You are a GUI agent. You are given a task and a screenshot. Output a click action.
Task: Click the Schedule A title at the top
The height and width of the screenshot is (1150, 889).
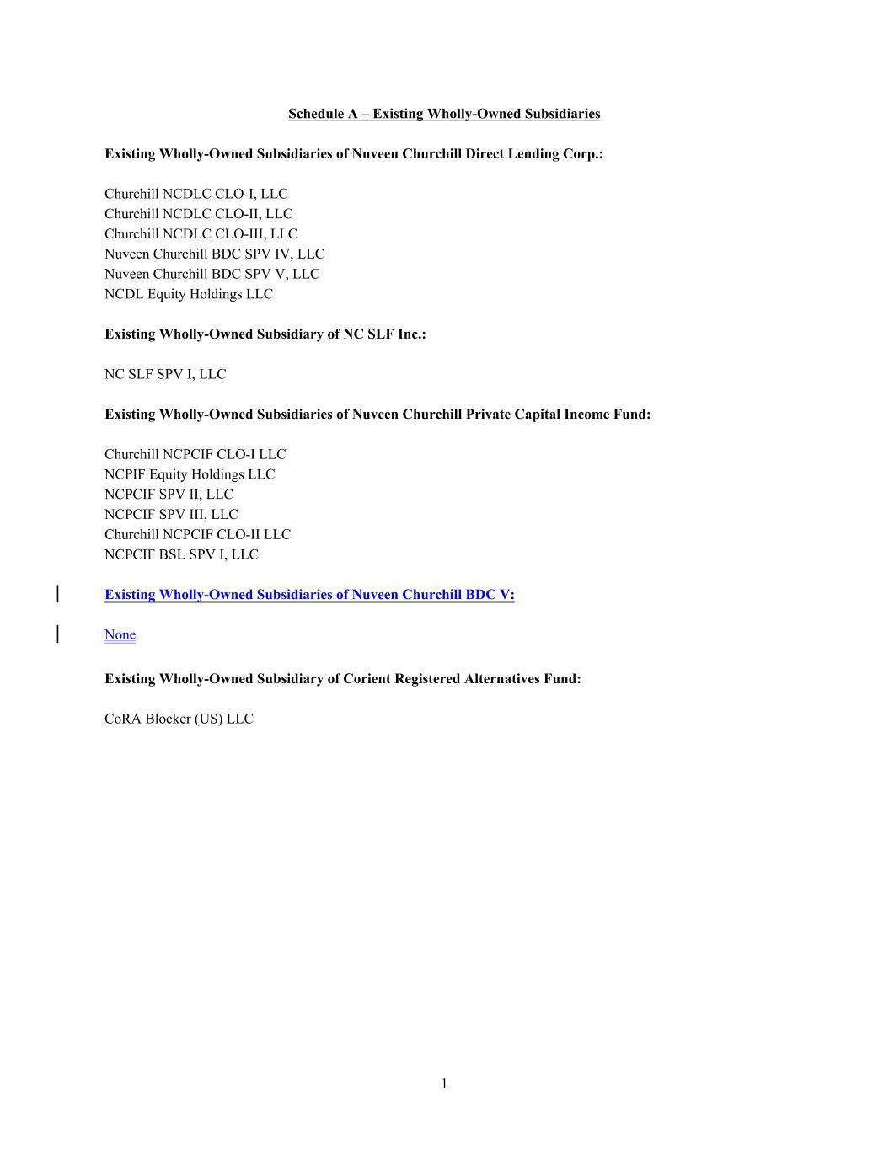tap(444, 114)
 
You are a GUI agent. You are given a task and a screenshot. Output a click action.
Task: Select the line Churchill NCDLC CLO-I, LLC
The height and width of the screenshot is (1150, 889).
tap(195, 194)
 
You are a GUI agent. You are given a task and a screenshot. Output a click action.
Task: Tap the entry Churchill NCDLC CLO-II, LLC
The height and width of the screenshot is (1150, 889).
tap(198, 214)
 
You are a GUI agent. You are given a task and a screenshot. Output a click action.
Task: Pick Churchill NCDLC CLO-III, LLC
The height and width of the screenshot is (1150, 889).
tap(201, 234)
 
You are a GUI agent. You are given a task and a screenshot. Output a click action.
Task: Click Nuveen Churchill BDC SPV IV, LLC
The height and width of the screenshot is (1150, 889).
tap(214, 254)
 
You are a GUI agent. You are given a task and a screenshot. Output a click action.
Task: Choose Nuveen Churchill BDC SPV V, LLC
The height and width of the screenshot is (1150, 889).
tap(212, 274)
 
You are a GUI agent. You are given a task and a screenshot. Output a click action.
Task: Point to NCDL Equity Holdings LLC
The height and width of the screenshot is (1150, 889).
tap(189, 294)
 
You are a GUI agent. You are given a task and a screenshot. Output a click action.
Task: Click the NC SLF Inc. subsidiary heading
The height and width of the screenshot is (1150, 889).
tap(265, 334)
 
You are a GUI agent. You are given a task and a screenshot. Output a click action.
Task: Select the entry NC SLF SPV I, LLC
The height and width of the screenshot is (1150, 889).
tap(165, 374)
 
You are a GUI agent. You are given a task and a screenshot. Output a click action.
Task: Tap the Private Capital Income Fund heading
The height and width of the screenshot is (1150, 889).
tap(378, 415)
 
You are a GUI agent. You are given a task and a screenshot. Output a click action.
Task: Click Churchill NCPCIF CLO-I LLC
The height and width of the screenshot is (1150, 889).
tap(195, 454)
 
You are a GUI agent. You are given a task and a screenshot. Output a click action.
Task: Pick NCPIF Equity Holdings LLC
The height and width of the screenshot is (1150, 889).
tap(190, 474)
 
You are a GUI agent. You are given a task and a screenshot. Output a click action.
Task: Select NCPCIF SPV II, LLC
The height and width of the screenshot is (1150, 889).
tap(169, 495)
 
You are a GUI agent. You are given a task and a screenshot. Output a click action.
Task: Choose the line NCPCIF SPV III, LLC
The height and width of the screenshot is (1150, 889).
tap(171, 515)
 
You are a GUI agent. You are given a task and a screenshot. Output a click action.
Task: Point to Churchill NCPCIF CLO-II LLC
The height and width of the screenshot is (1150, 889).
tap(197, 534)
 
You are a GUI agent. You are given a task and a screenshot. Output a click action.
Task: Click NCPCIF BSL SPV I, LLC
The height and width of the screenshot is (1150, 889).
tap(181, 554)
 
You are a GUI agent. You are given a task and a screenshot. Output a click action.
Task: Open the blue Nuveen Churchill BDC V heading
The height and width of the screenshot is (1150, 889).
tap(309, 595)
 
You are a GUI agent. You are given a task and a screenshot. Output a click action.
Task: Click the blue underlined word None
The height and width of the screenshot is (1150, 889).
tap(120, 634)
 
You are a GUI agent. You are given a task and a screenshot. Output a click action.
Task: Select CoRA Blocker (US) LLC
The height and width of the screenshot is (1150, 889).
tap(179, 719)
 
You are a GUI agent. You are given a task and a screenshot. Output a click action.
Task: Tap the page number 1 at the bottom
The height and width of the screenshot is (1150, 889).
tap(444, 1083)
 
